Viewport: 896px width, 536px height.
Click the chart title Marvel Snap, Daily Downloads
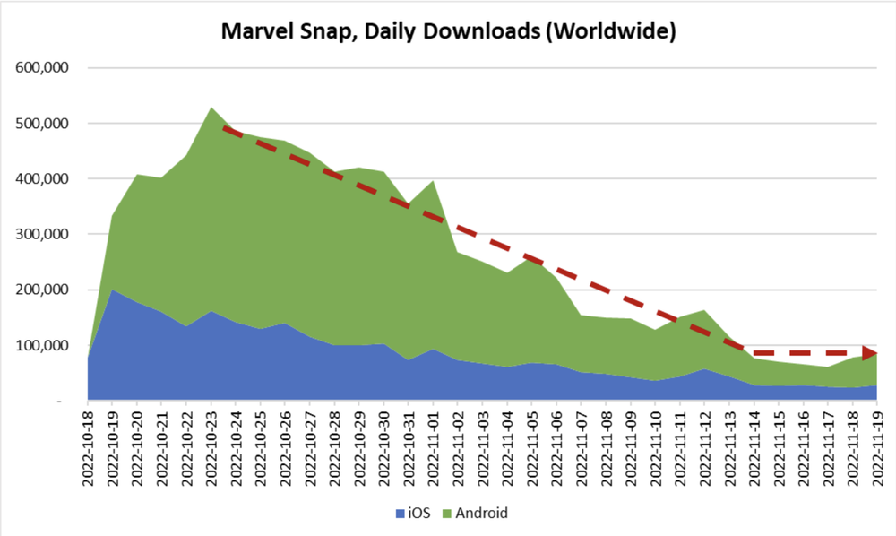point(448,31)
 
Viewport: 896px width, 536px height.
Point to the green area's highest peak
point(211,109)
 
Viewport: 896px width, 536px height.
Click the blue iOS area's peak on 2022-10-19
point(113,291)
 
